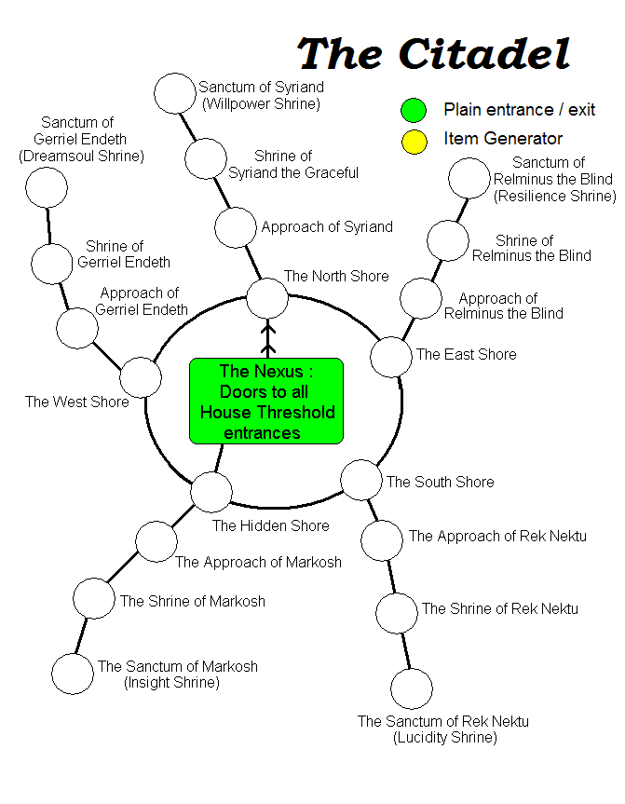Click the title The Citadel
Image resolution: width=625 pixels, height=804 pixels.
tap(433, 54)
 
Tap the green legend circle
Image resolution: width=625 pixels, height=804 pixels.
tap(414, 110)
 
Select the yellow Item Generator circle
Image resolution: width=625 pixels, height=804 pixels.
tap(414, 141)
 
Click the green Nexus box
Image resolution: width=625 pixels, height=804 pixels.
tap(266, 401)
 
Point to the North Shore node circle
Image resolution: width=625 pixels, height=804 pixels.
tap(267, 298)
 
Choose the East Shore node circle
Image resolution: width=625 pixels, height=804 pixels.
tap(391, 357)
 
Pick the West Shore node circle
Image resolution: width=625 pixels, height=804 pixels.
tap(141, 376)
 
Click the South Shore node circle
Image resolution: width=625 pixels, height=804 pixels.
tap(360, 480)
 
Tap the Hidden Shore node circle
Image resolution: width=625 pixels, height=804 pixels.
tap(211, 491)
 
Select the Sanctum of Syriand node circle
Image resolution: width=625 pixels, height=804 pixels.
tap(174, 92)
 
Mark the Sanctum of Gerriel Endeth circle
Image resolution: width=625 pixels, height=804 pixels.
tap(47, 188)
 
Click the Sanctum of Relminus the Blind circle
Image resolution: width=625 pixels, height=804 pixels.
tap(469, 179)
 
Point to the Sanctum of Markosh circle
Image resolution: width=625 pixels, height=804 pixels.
tap(73, 674)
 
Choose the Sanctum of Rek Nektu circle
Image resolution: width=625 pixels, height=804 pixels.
tap(412, 688)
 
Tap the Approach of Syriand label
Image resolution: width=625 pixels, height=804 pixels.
tap(327, 226)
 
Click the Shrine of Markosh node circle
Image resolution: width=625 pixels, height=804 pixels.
tap(93, 598)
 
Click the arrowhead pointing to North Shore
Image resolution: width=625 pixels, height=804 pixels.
tap(267, 328)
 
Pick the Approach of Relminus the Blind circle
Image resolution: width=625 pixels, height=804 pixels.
tap(421, 299)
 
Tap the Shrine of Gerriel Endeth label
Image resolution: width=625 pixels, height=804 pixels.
tap(128, 254)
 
